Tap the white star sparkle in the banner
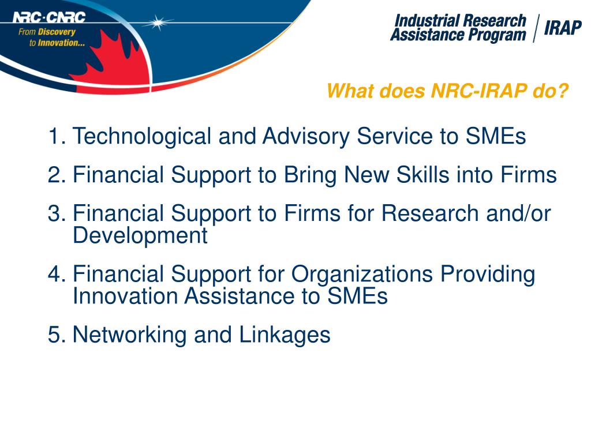click(x=158, y=23)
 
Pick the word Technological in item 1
click(x=142, y=137)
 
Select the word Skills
click(x=425, y=175)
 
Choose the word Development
click(x=140, y=235)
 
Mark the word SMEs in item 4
click(x=357, y=296)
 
